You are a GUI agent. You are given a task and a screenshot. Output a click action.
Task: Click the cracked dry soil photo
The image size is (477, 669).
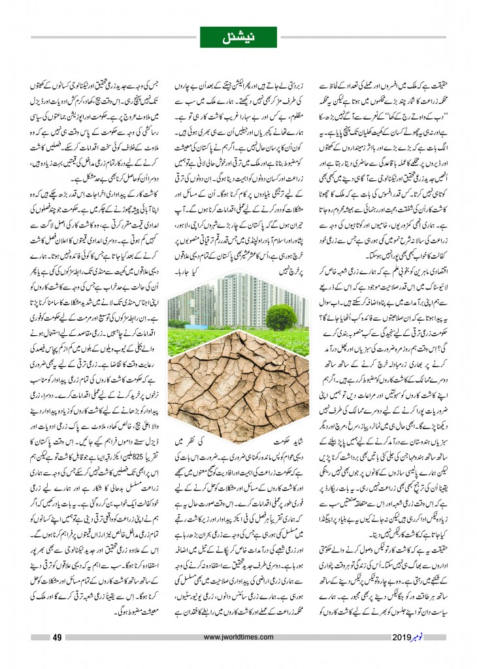[x=238, y=392]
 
